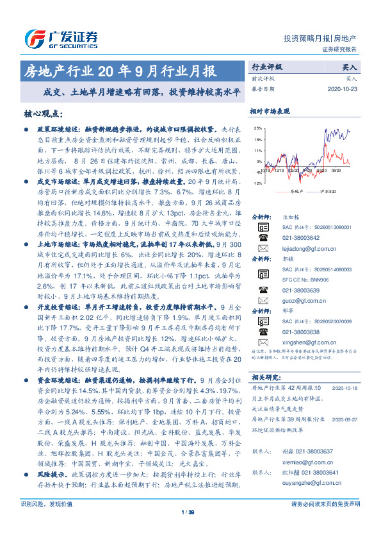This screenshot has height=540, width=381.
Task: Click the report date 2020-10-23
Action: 345,89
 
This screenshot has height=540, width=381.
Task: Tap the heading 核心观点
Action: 43,114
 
